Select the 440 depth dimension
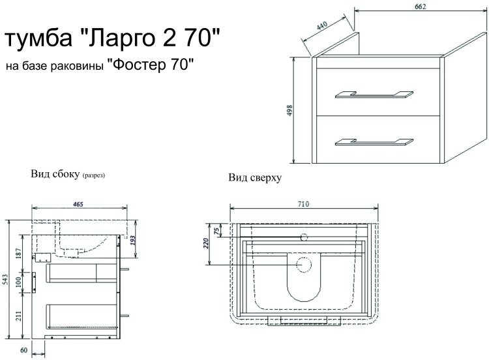(x=321, y=27)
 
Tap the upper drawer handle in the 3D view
(x=374, y=95)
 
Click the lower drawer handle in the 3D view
(x=374, y=141)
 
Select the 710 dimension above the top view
(x=303, y=203)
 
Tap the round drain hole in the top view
(x=303, y=265)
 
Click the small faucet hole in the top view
(x=303, y=238)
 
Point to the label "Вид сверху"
(x=254, y=178)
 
